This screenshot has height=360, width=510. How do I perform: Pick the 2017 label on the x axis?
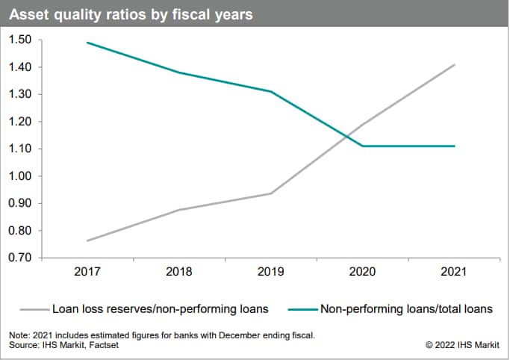coord(88,273)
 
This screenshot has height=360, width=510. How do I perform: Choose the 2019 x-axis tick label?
coord(271,273)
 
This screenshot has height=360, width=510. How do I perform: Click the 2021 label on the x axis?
coord(454,273)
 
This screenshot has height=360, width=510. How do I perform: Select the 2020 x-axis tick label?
coord(363,273)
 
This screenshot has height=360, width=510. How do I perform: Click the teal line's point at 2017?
coord(88,43)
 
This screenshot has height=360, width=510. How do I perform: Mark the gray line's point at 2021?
coord(454,65)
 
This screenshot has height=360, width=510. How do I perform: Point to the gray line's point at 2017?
coord(88,240)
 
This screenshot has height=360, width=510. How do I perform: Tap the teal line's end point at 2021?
coord(454,146)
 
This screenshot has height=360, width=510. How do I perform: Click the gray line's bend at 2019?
coord(271,193)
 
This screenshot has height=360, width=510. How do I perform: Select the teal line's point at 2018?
coord(180,72)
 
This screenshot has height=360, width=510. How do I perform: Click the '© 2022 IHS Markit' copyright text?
coord(461,344)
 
